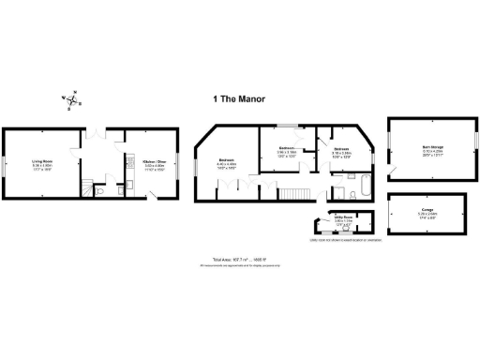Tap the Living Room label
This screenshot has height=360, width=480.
(x=41, y=164)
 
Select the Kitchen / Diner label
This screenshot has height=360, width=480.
(x=154, y=164)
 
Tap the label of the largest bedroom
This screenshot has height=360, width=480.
(x=226, y=163)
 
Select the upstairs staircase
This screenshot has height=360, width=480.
(x=292, y=193)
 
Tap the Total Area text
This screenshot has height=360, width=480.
(x=240, y=260)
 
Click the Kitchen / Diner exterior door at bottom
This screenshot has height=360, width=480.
(x=156, y=196)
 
